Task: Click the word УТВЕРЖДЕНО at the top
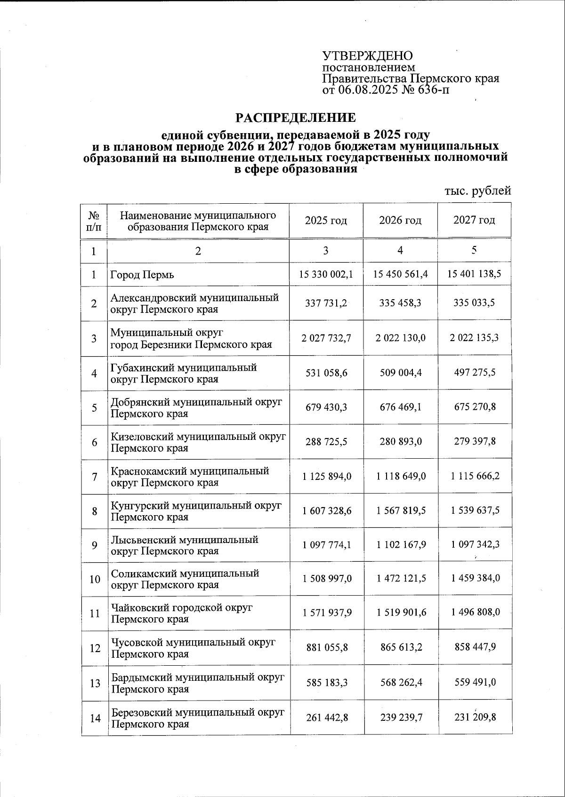coord(367,56)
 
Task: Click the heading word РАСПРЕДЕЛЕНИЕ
coord(296,117)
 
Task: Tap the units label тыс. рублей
coord(477,191)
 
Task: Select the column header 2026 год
coord(400,220)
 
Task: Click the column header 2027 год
coord(474,220)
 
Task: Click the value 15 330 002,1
coord(326,274)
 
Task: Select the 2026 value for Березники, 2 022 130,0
coord(401,338)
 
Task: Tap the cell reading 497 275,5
coord(475,372)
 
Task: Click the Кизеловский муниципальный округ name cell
coord(198,442)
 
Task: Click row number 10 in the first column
coord(95,579)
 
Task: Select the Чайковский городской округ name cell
coord(182,613)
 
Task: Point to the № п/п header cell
coord(94,220)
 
